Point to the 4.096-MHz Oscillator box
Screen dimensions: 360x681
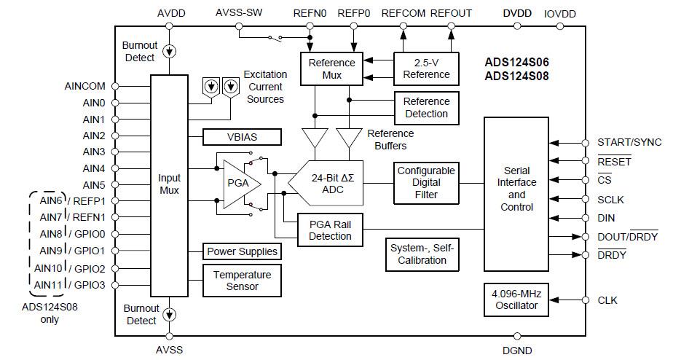tap(516, 300)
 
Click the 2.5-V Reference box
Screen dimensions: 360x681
tap(426, 69)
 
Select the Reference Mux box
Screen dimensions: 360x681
tap(331, 69)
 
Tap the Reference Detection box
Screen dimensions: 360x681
tap(426, 108)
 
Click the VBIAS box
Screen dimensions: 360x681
tap(242, 137)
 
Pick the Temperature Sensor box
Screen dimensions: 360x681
tap(242, 281)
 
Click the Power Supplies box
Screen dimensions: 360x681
tap(242, 251)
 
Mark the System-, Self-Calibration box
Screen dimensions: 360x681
tap(422, 254)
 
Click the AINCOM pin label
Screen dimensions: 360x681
tap(84, 87)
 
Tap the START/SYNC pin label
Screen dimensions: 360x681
tap(629, 142)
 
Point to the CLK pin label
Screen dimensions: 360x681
tap(607, 300)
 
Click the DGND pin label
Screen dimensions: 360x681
tap(518, 351)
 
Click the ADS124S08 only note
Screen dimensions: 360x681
tap(50, 313)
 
